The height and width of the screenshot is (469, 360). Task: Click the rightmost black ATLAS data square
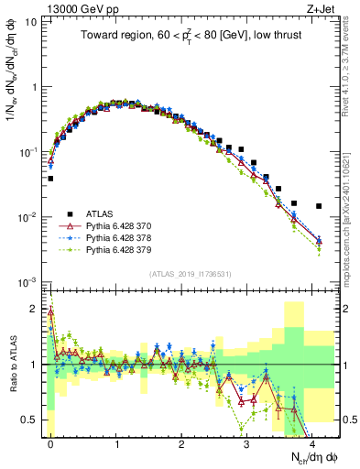click(318, 206)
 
